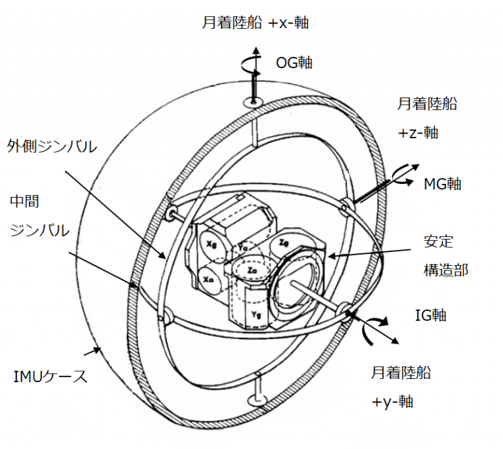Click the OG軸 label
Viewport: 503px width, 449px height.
[x=294, y=63]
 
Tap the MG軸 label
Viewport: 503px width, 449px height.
[x=442, y=184]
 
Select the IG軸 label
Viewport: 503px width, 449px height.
[x=430, y=315]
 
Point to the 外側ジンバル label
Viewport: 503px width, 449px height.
[x=52, y=147]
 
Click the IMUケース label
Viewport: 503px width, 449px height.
[x=50, y=376]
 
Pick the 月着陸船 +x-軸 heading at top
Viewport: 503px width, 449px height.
[x=255, y=23]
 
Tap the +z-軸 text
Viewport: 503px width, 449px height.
[x=418, y=133]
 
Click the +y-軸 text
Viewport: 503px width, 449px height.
[x=392, y=402]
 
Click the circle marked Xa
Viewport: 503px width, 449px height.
[x=209, y=279]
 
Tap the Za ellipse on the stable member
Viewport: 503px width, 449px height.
[x=251, y=270]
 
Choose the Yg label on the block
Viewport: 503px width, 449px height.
[x=256, y=315]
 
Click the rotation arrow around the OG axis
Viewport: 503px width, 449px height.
[x=251, y=64]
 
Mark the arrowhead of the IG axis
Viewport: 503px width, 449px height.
[x=394, y=341]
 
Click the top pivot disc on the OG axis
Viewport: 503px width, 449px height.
[x=253, y=103]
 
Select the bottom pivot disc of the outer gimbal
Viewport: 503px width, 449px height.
[x=257, y=401]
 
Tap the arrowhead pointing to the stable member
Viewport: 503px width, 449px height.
[x=331, y=256]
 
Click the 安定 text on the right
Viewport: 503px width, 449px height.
[x=439, y=241]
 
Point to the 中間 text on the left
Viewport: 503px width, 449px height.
[x=24, y=202]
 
